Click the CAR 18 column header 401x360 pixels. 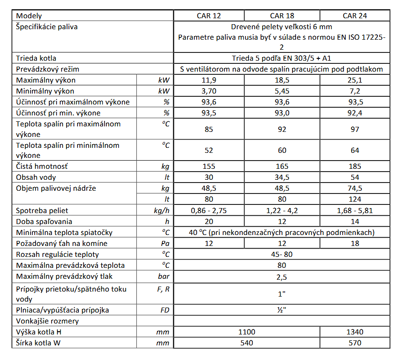[282, 16]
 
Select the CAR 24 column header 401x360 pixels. [355, 16]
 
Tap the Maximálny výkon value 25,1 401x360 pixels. [355, 80]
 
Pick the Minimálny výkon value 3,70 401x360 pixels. [209, 91]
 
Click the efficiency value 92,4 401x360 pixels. [355, 113]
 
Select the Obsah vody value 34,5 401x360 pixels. [282, 177]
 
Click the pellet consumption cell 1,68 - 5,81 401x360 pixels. [355, 210]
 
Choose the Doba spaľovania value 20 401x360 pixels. [209, 221]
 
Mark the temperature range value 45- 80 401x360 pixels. [282, 254]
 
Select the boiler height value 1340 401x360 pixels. [355, 332]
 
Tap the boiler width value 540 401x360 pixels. [247, 343]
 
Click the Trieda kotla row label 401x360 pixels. [36, 58]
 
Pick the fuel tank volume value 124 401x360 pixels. [355, 199]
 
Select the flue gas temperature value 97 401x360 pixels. [355, 129]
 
